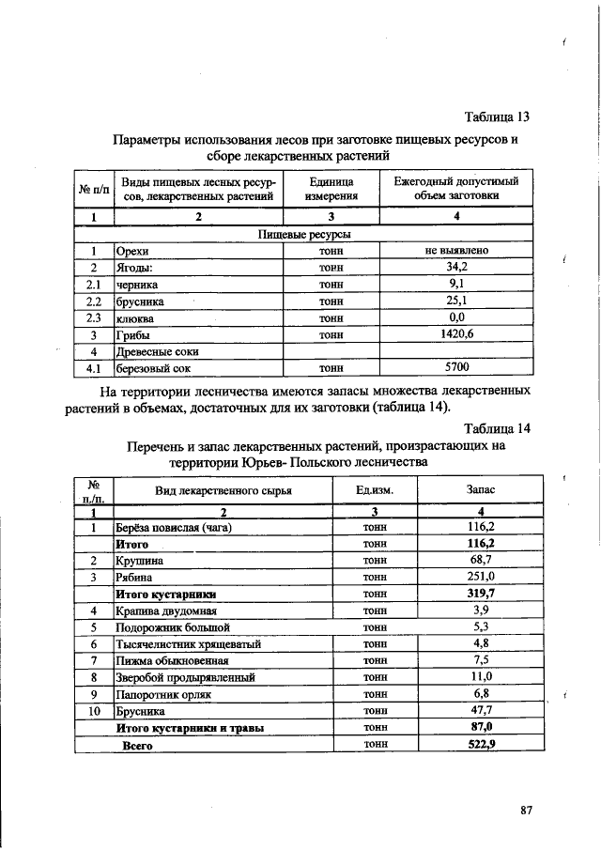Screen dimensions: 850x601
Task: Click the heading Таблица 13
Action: tap(497, 117)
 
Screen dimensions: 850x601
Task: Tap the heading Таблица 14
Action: tap(497, 427)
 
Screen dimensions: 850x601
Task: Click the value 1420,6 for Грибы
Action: tap(456, 334)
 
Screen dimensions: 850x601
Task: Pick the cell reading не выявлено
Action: tap(456, 251)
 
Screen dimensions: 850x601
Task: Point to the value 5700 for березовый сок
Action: tap(456, 368)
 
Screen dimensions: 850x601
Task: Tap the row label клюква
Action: tap(135, 317)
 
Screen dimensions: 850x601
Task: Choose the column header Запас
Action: tap(481, 490)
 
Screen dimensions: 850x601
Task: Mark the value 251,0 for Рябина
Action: tap(481, 577)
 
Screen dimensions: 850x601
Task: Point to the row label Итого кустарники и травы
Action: tap(189, 728)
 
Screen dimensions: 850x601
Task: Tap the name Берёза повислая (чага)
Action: tap(174, 527)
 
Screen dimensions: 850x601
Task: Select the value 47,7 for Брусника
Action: tap(481, 711)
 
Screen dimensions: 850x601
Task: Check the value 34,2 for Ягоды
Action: tap(456, 267)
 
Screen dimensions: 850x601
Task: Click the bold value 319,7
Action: tap(481, 594)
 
